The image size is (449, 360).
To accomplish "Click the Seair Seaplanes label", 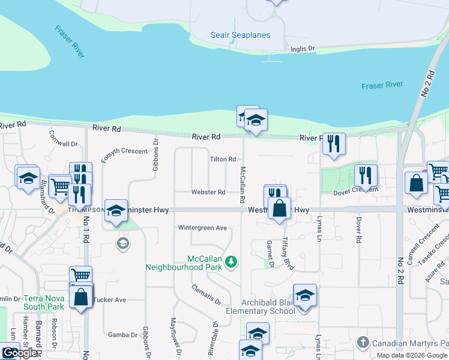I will click(x=240, y=35).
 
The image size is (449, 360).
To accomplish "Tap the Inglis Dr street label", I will click(x=303, y=49).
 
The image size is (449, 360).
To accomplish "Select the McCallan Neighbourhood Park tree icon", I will click(x=231, y=261).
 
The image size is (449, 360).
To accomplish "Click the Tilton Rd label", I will click(x=222, y=159).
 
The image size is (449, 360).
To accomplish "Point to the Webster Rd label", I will click(x=208, y=192).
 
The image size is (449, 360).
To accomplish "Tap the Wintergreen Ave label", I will click(x=202, y=228).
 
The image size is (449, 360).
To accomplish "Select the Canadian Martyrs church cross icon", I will click(x=362, y=343).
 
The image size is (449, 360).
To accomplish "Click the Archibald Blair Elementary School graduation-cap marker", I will click(x=305, y=295).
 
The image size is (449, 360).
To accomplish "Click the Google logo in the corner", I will click(x=19, y=353).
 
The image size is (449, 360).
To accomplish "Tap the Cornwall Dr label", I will click(x=64, y=139).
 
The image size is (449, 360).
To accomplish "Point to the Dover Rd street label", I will click(x=358, y=230).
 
